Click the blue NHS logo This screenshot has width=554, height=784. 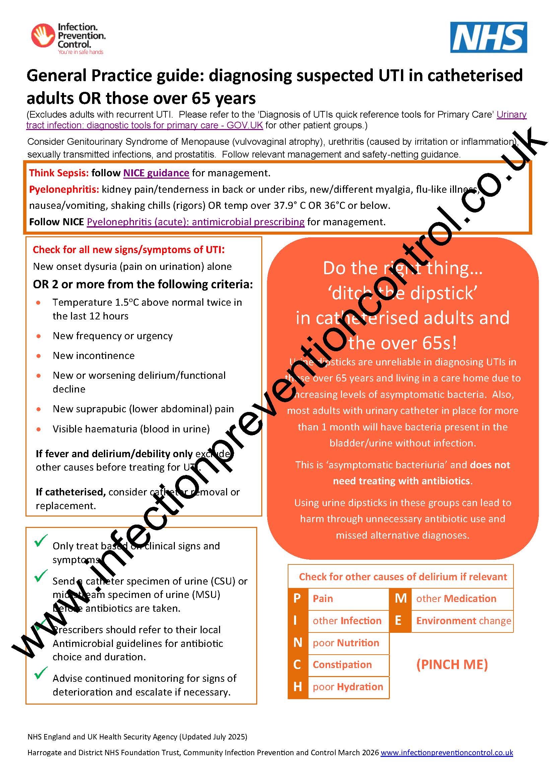[488, 38]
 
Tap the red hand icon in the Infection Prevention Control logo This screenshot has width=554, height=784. [43, 35]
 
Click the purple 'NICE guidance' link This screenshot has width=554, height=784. [156, 173]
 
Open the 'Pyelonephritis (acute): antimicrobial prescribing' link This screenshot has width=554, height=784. [196, 222]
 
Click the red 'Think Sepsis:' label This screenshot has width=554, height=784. [59, 173]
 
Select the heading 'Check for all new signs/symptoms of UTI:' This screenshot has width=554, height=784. [129, 250]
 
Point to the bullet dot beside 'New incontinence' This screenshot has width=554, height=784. [39, 356]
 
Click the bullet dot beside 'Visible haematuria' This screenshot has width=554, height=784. [39, 429]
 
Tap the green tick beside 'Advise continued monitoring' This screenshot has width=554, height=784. [41, 673]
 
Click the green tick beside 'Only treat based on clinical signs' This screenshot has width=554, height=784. [41, 541]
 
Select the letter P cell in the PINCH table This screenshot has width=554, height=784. [297, 599]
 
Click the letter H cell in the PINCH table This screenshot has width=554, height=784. [297, 687]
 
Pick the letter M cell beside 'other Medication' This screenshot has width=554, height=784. [401, 599]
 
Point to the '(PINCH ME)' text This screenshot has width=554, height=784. [452, 664]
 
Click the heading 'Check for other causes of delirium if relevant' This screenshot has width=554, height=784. [403, 577]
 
